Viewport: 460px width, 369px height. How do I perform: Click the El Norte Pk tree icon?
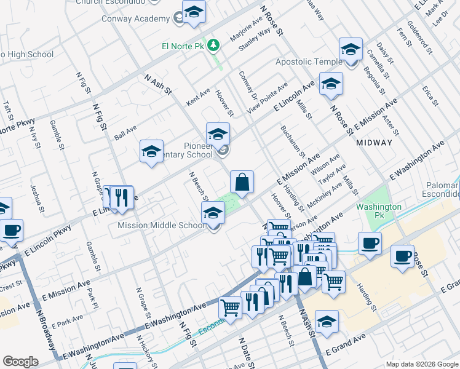[213, 45]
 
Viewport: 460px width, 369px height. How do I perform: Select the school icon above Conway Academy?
[194, 12]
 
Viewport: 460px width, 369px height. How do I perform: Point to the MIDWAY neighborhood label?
[374, 142]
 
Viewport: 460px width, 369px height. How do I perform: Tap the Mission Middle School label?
[161, 225]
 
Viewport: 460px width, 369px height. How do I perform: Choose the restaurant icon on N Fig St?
[121, 197]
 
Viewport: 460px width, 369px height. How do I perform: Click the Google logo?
[20, 362]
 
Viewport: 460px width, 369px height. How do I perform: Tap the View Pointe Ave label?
[267, 97]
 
